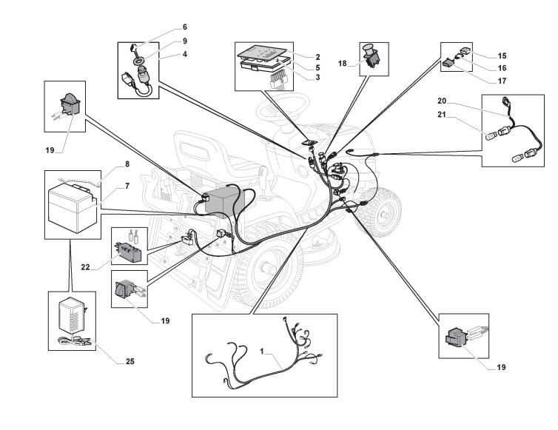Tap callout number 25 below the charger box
130,363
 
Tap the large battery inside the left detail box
72,208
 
